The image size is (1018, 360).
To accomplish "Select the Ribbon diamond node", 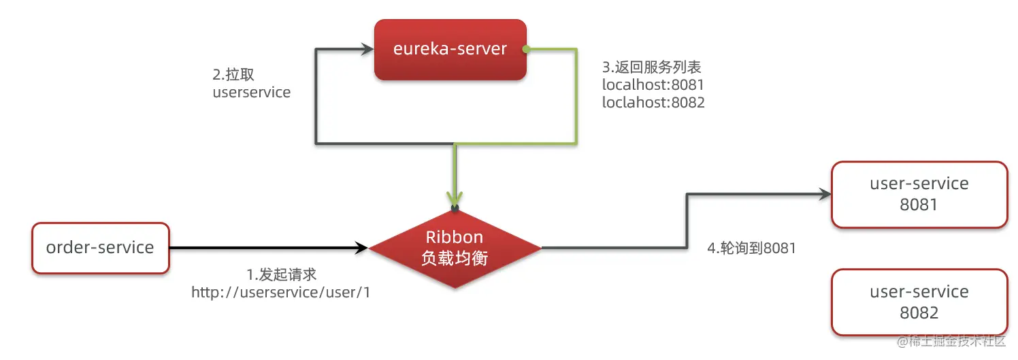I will [455, 248].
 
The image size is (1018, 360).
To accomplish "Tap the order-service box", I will [100, 248].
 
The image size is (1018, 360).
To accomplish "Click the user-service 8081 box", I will [919, 194].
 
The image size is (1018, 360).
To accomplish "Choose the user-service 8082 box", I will [919, 302].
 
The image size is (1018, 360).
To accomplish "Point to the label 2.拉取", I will [233, 75].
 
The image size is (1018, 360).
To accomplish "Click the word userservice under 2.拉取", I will [251, 93].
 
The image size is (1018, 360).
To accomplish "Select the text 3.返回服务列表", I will [651, 67].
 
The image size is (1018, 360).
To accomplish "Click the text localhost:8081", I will [653, 85].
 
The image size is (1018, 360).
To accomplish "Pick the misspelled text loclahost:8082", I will [653, 103].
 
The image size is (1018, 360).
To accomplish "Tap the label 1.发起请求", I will [281, 274].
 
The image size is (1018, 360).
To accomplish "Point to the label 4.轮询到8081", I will [751, 248].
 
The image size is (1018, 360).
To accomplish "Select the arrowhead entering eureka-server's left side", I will [367, 49].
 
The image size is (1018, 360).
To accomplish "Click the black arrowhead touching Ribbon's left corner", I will [361, 248].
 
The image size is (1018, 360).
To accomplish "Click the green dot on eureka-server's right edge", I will [526, 49].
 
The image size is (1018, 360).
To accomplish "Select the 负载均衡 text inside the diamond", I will [455, 259].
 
